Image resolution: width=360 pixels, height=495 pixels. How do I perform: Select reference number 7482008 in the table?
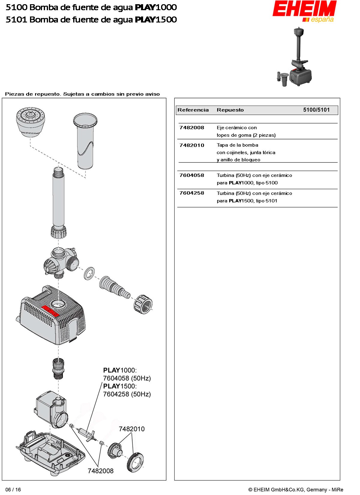coord(192,128)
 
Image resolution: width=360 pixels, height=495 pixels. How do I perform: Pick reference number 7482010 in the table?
coord(192,145)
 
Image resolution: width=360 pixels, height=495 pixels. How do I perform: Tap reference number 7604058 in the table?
coord(192,175)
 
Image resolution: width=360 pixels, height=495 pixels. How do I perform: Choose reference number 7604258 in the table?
coord(192,193)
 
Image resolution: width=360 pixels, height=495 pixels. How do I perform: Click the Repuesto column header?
coord(230,110)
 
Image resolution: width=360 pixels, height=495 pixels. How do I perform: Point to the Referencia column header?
coord(193,110)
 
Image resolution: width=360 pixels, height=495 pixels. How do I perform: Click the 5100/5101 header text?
coord(316,110)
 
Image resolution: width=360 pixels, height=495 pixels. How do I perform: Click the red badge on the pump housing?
coord(50,311)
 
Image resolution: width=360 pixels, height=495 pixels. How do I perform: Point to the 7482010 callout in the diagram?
coord(132,429)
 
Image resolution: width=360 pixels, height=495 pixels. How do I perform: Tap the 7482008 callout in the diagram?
coord(100,471)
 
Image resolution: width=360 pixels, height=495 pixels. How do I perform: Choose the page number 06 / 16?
coord(13,490)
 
